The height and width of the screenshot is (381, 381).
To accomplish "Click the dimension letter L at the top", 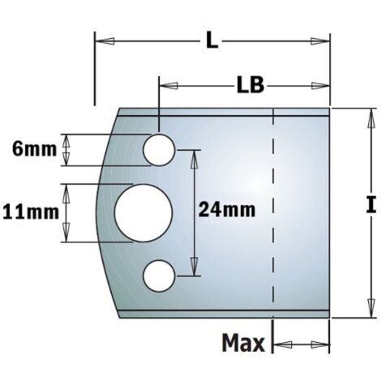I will click(x=211, y=39).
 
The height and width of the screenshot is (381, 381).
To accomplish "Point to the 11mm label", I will click(x=30, y=212).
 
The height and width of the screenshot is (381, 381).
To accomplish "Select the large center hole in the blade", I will click(x=142, y=212).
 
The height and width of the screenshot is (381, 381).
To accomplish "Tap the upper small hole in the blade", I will click(x=159, y=149).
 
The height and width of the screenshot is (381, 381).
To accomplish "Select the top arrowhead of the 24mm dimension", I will click(x=195, y=155).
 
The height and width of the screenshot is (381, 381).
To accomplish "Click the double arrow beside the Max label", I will click(x=302, y=345).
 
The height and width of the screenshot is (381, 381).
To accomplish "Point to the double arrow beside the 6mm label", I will click(x=67, y=149).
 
